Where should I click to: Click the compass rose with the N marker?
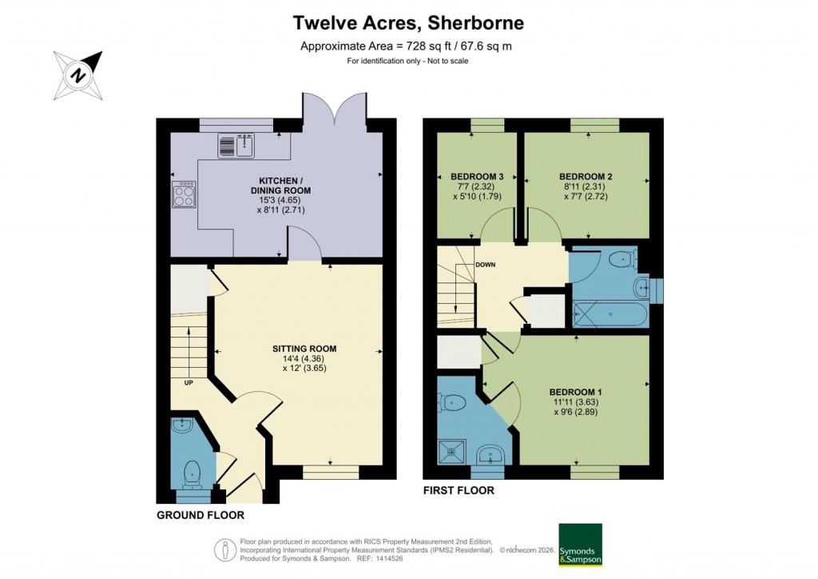[x=78, y=74]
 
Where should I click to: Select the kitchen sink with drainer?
[x=235, y=146]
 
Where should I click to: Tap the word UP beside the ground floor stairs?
[x=189, y=382]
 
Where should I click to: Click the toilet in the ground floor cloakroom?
[x=192, y=473]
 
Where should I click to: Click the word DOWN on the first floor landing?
[x=485, y=265]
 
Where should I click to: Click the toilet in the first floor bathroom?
[x=620, y=259]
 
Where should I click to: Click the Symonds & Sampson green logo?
[x=580, y=545]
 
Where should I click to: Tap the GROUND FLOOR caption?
[x=200, y=515]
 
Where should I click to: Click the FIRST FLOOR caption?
[x=460, y=490]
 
